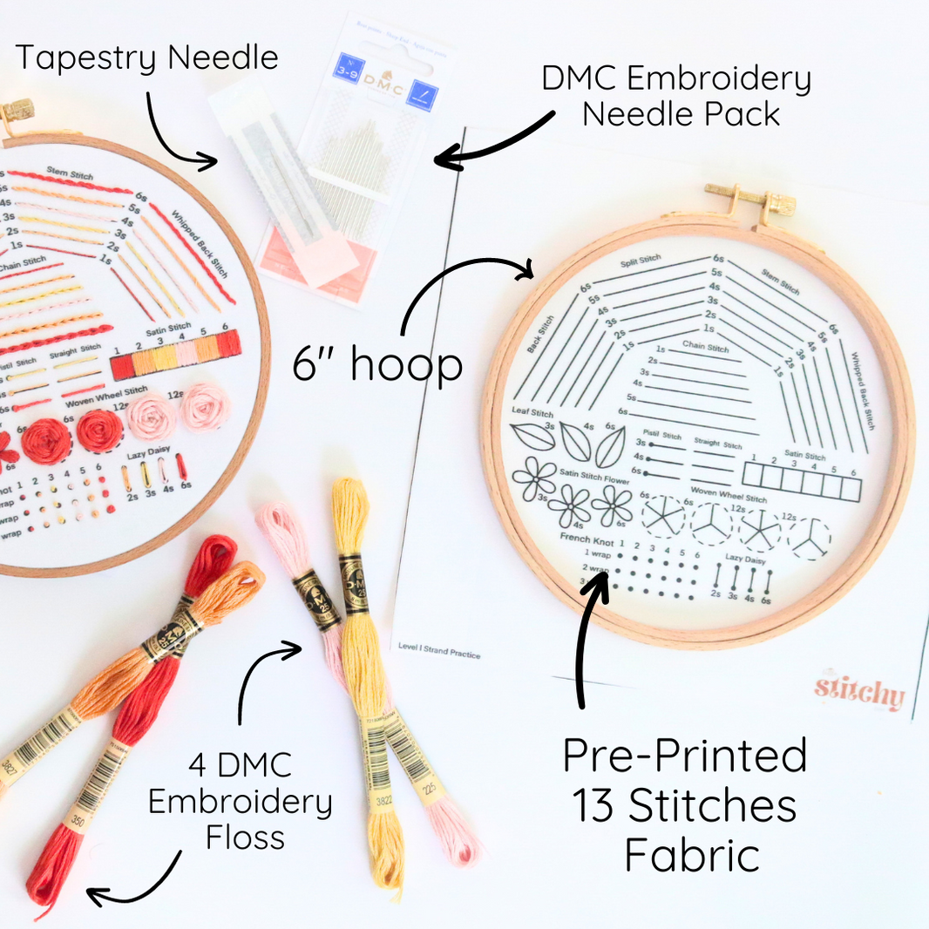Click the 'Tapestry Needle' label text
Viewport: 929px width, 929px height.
(x=146, y=58)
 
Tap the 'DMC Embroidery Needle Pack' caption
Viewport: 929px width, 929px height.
(x=676, y=96)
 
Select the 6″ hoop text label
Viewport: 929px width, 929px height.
(x=377, y=363)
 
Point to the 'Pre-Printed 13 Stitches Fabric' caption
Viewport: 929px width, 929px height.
(x=685, y=805)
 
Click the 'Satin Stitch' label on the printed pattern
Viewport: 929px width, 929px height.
(x=804, y=456)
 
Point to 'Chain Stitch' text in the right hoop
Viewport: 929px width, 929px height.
(x=706, y=348)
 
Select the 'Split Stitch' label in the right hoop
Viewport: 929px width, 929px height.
(x=641, y=262)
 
